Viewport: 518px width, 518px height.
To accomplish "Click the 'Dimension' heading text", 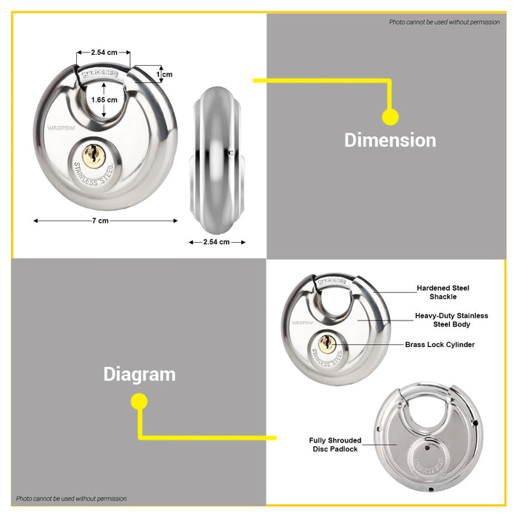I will pos(390,140).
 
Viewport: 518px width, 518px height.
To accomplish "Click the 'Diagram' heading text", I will pos(139,374).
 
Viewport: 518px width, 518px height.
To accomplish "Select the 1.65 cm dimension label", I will pos(104,99).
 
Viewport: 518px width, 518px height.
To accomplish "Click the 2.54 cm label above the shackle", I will pos(104,53).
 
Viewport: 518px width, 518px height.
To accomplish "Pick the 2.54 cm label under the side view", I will pos(215,242).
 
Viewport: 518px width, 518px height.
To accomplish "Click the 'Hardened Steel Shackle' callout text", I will pos(443,292).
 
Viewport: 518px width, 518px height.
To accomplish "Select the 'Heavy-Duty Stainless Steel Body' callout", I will pos(451,320).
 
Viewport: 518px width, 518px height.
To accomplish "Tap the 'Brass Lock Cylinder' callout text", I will pos(440,345).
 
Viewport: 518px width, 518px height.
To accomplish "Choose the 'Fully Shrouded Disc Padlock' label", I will pos(335,445).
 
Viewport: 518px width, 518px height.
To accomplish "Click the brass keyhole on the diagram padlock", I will pos(329,343).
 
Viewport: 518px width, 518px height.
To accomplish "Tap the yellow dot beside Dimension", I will pos(390,117).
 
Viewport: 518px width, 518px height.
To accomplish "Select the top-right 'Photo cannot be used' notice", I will pos(444,22).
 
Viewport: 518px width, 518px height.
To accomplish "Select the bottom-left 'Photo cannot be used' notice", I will pos(71,499).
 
